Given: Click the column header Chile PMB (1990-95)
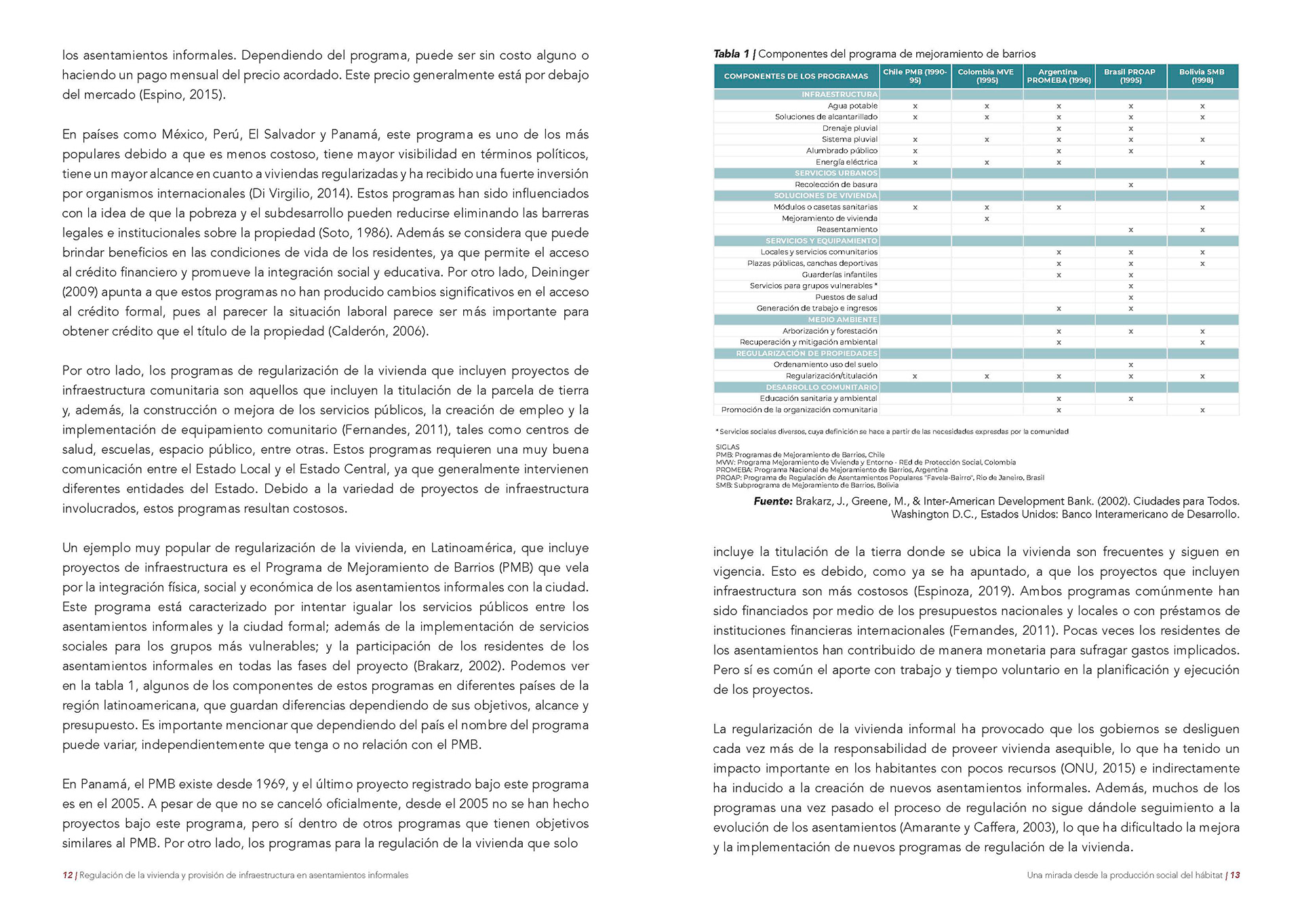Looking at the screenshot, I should (915, 76).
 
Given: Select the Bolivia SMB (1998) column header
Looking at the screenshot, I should (1202, 76).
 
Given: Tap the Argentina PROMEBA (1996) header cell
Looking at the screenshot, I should (1059, 76).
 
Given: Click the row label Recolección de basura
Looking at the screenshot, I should (835, 184).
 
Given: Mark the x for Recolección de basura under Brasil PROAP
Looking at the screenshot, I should (1130, 184).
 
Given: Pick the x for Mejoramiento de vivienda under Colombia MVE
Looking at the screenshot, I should (987, 218).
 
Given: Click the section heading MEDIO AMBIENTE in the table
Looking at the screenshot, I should (842, 319).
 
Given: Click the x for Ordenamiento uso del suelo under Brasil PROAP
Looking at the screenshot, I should (1130, 365).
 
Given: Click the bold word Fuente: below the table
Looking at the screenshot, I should (772, 501).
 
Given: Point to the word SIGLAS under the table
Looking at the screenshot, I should (727, 447).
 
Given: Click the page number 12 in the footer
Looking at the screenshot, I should (67, 875).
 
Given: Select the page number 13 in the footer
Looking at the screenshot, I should (1235, 875).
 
